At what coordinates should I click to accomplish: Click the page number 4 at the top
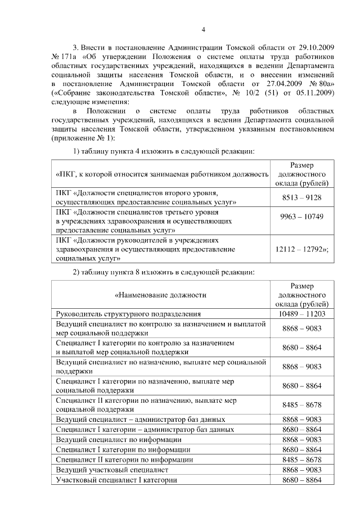click(204, 30)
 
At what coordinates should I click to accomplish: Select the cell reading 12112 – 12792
click(303, 249)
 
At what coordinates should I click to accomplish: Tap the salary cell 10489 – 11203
click(301, 314)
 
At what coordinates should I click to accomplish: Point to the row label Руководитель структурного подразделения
click(129, 314)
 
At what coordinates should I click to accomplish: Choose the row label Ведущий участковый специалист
click(112, 469)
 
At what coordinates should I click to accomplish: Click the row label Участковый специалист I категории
click(117, 480)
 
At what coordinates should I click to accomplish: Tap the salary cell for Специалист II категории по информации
click(301, 459)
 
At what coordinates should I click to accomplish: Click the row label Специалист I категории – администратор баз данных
click(145, 429)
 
